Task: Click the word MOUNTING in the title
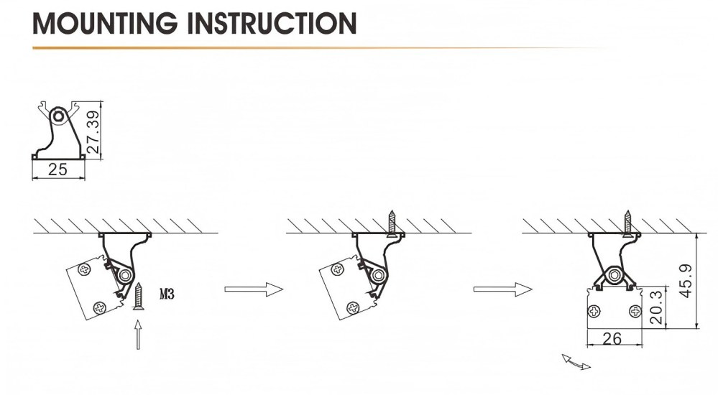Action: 105,23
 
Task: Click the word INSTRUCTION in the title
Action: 272,23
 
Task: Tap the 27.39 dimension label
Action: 93,132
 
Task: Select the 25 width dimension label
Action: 57,169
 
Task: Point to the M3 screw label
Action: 167,294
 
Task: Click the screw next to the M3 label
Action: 138,297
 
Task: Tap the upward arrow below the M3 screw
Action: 138,335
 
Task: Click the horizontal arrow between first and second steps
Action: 254,289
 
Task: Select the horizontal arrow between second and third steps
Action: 503,289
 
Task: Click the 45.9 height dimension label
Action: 686,281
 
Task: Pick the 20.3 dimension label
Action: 655,307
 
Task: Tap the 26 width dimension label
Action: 612,339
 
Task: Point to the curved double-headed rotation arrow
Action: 576,362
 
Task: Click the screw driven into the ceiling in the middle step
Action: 392,223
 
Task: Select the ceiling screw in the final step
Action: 627,223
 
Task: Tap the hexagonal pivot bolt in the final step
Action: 615,276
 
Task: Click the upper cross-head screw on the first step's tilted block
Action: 85,269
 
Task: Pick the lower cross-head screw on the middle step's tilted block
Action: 353,308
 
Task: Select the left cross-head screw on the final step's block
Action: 594,312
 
